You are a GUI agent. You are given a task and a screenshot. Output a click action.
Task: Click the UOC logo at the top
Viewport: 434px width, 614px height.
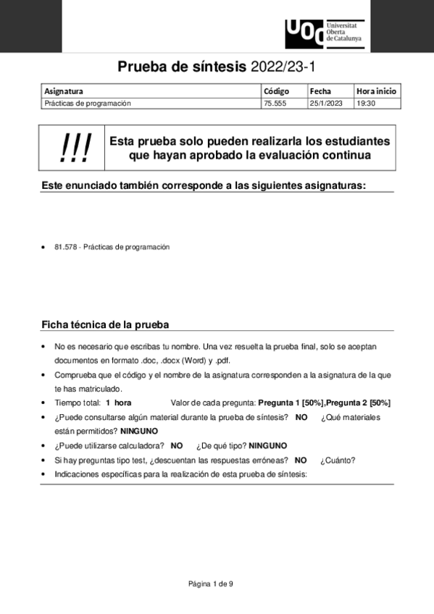[324, 33]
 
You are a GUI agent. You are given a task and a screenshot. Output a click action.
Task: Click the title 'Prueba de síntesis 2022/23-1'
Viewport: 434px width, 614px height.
[217, 68]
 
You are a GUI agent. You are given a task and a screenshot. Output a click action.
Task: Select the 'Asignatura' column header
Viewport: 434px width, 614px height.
[64, 91]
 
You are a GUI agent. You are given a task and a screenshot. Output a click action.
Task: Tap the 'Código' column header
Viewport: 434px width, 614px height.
[276, 91]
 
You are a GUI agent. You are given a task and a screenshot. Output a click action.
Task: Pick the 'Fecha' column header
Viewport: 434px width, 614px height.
[320, 91]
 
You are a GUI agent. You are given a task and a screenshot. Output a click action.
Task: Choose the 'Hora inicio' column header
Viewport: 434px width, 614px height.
[376, 91]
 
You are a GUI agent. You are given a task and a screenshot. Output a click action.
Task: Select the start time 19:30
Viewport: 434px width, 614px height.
[365, 104]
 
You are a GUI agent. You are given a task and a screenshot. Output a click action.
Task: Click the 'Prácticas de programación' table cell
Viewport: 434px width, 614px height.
[88, 104]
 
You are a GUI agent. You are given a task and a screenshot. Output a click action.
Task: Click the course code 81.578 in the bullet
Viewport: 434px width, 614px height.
[66, 247]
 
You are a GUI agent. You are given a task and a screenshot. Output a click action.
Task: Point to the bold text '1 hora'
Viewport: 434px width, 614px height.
[118, 403]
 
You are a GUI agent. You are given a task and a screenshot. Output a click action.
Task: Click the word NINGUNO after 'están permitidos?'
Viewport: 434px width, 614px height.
[139, 430]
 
